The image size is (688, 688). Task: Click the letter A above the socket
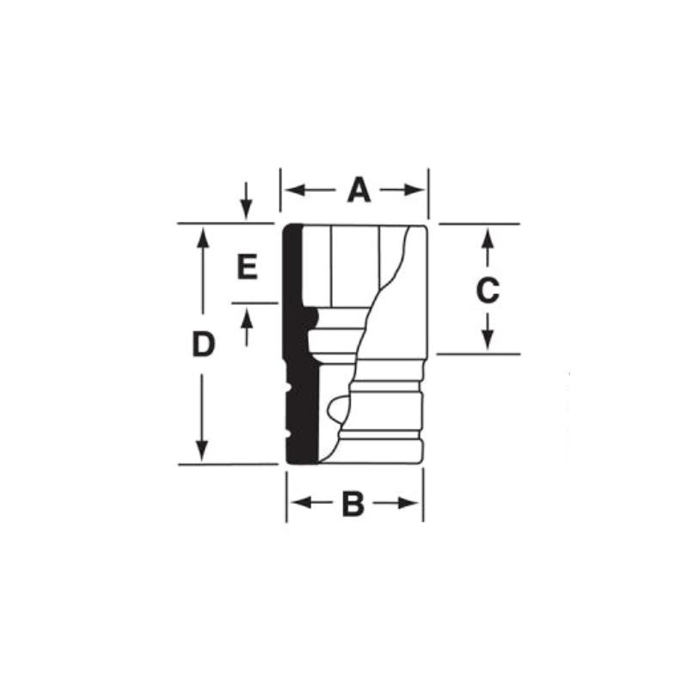click(x=358, y=190)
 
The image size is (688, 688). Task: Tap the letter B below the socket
click(x=353, y=505)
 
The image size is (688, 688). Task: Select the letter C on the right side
click(x=487, y=291)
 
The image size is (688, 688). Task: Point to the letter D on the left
click(x=202, y=346)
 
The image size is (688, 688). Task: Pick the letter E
click(x=247, y=268)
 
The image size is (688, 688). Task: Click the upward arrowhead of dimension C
click(x=487, y=234)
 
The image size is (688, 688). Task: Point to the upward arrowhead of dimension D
click(x=202, y=234)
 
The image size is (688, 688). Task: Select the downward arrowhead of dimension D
click(x=202, y=453)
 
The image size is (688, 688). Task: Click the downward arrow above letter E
click(x=247, y=206)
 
